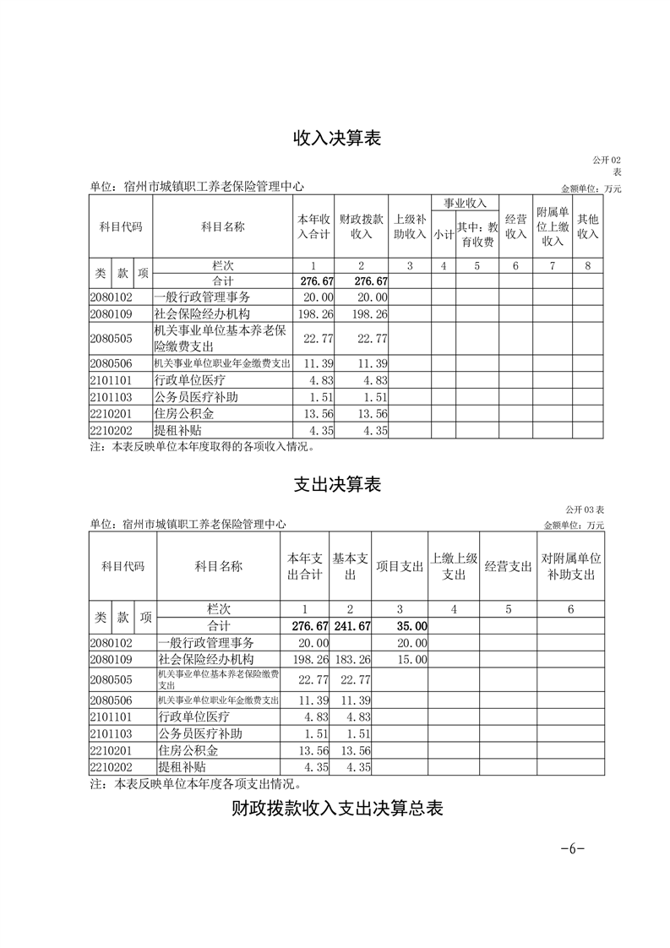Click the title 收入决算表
(337, 139)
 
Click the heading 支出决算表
(337, 485)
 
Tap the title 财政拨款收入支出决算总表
(337, 809)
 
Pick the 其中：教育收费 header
(477, 235)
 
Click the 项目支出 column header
(400, 567)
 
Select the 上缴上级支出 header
(455, 567)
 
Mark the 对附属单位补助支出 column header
(571, 567)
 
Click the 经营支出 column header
(509, 567)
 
